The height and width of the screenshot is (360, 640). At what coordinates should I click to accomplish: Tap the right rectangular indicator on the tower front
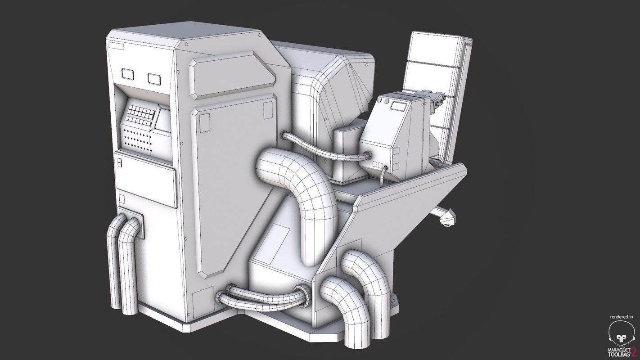pyautogui.click(x=155, y=78)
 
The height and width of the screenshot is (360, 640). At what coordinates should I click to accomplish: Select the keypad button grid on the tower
pyautogui.click(x=140, y=114)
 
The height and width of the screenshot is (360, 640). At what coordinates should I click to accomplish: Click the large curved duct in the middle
pyautogui.click(x=302, y=189)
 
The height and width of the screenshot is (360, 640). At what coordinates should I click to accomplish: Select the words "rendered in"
pyautogui.click(x=621, y=317)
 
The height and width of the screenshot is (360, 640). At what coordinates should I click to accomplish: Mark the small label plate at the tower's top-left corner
pyautogui.click(x=116, y=46)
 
